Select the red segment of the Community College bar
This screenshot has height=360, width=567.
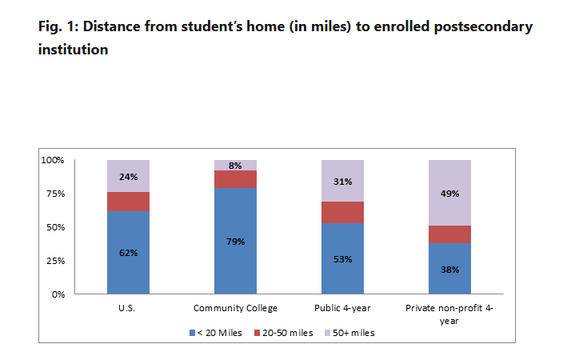tap(235, 179)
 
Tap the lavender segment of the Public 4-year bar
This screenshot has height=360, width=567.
tap(342, 181)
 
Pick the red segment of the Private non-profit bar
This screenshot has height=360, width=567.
tap(449, 234)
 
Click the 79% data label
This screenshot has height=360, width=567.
tap(235, 242)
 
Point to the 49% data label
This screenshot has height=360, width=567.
tap(449, 193)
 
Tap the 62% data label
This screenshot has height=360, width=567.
tap(128, 253)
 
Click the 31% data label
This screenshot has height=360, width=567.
tap(342, 181)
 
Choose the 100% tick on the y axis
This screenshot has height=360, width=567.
tap(53, 160)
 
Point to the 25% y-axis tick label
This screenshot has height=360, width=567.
tap(55, 261)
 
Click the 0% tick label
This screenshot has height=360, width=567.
tap(58, 294)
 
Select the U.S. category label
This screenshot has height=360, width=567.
tap(128, 308)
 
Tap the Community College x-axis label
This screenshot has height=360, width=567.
tap(235, 308)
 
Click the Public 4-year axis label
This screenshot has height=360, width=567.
tap(342, 308)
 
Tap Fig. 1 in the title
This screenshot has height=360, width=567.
tap(57, 26)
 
